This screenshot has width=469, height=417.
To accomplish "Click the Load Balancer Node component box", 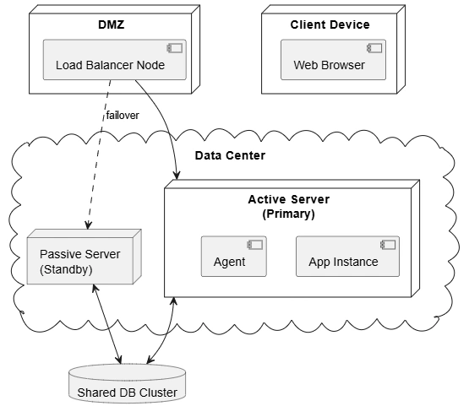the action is [x=115, y=60].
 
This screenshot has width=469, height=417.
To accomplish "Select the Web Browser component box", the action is [x=333, y=60].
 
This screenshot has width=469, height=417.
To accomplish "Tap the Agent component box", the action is [x=233, y=257].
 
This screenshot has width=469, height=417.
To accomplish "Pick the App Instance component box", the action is [x=347, y=257].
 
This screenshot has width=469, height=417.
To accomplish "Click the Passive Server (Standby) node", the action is [x=84, y=257].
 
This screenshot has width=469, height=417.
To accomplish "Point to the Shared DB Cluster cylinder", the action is [x=127, y=383].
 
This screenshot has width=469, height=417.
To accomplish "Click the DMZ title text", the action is [x=112, y=24].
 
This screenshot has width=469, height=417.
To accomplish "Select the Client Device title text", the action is [x=330, y=24].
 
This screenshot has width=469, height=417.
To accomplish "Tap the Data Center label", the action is [x=230, y=155].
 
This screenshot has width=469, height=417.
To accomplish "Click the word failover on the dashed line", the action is [x=123, y=116].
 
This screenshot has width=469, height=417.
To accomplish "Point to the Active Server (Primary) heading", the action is [x=289, y=207].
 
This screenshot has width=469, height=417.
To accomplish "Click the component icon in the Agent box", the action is [x=255, y=245].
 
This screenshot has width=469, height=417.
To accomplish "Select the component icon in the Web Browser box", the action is [x=374, y=48].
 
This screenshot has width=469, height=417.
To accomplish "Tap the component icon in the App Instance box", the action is [x=388, y=245].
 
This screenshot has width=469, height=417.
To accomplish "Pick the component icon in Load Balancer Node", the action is [x=175, y=48].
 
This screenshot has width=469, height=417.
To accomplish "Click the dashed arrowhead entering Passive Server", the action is [x=88, y=225].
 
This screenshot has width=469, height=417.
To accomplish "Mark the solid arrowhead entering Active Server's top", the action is [x=177, y=176].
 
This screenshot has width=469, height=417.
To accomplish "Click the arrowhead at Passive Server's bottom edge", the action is [x=95, y=288].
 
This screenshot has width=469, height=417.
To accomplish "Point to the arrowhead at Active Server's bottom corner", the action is [x=173, y=301].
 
